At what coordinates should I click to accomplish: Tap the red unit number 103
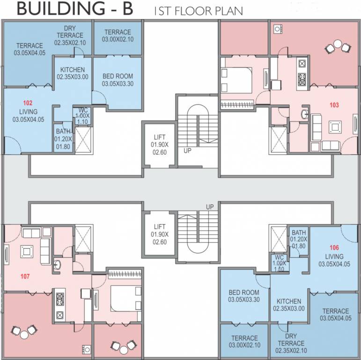pyautogui.click(x=334, y=105)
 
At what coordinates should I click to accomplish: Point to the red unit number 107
pyautogui.click(x=25, y=276)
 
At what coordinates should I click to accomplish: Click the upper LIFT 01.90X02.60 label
pyautogui.click(x=159, y=144)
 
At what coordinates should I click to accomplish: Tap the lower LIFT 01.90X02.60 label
pyautogui.click(x=159, y=234)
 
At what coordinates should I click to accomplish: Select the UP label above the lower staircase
pyautogui.click(x=210, y=207)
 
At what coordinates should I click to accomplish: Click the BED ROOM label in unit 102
pyautogui.click(x=117, y=80)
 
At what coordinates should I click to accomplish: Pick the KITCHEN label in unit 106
pyautogui.click(x=289, y=305)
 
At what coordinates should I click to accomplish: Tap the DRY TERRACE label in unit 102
pyautogui.click(x=70, y=35)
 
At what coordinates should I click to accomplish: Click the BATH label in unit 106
pyautogui.click(x=298, y=239)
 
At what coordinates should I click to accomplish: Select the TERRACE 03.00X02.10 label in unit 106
pyautogui.click(x=244, y=341)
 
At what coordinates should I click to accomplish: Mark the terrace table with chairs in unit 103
pyautogui.click(x=338, y=47)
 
